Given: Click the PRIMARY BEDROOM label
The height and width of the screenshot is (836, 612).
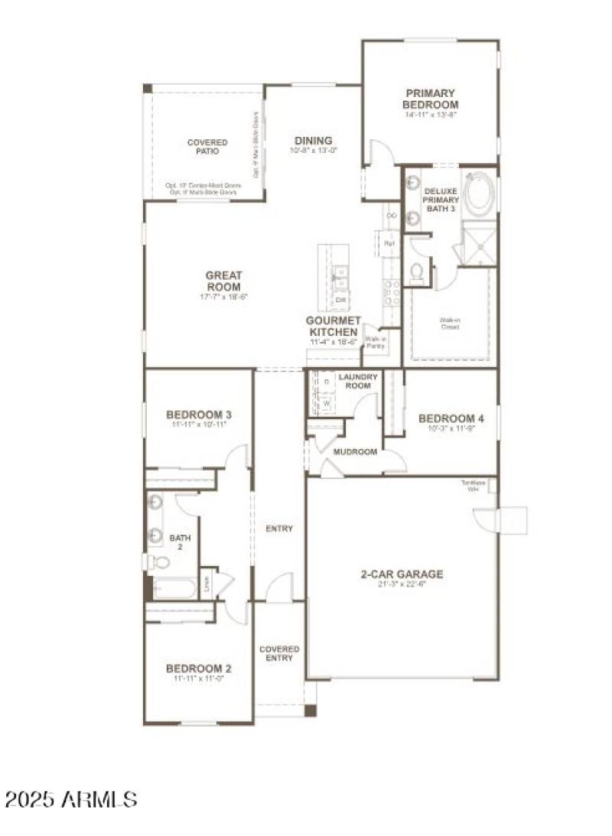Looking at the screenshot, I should [x=431, y=99].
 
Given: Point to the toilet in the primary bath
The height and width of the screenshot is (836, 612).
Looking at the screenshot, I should [x=418, y=272].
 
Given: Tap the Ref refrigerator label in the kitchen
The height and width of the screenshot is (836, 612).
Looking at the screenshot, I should [x=390, y=243].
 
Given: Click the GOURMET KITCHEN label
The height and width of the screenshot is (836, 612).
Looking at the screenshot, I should [x=332, y=327].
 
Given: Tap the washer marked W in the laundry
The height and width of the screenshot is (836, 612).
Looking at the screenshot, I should [x=327, y=401].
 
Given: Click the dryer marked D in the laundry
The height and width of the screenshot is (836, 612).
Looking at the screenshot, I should [x=327, y=381].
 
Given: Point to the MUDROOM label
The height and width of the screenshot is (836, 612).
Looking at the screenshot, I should [x=355, y=452].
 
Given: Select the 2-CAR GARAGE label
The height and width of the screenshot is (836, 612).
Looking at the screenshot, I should [x=402, y=574].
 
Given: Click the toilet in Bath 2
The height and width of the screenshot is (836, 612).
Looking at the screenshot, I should [x=159, y=562].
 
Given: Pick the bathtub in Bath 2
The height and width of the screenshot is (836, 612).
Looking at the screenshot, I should [x=174, y=588].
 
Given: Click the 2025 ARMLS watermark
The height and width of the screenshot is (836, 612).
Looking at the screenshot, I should [x=71, y=800].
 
